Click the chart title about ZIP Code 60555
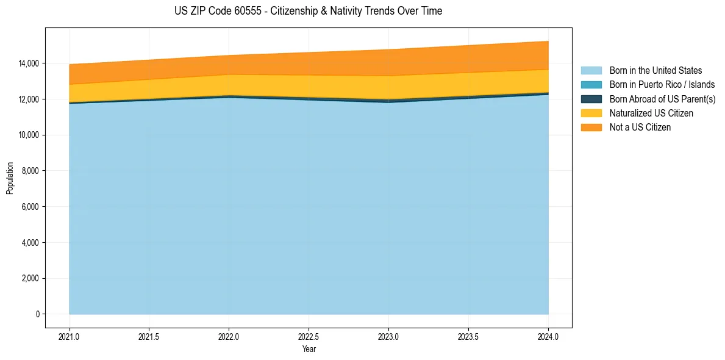tap(308, 11)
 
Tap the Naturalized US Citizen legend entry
tap(651, 113)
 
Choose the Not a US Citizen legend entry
tap(640, 128)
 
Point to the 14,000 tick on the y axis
tap(29, 63)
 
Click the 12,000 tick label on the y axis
tap(29, 99)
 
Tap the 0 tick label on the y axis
tap(37, 314)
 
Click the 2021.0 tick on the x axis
tap(70, 336)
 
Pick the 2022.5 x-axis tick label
tap(309, 336)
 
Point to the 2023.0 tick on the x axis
tap(388, 336)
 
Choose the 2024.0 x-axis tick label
tap(548, 336)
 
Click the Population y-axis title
tap(10, 178)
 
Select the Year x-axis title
tap(309, 350)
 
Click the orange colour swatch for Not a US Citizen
tap(591, 128)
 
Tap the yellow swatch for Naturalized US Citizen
tap(591, 113)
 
